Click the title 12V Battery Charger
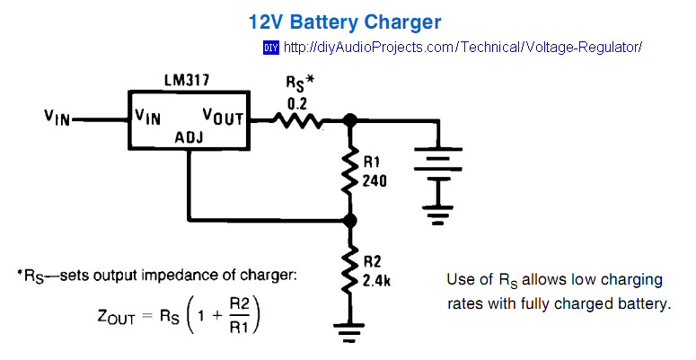[345, 21]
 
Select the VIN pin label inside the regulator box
[148, 116]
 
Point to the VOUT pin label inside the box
[224, 116]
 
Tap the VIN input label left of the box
[60, 118]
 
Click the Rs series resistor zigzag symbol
[297, 119]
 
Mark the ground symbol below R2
[350, 333]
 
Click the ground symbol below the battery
[437, 215]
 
